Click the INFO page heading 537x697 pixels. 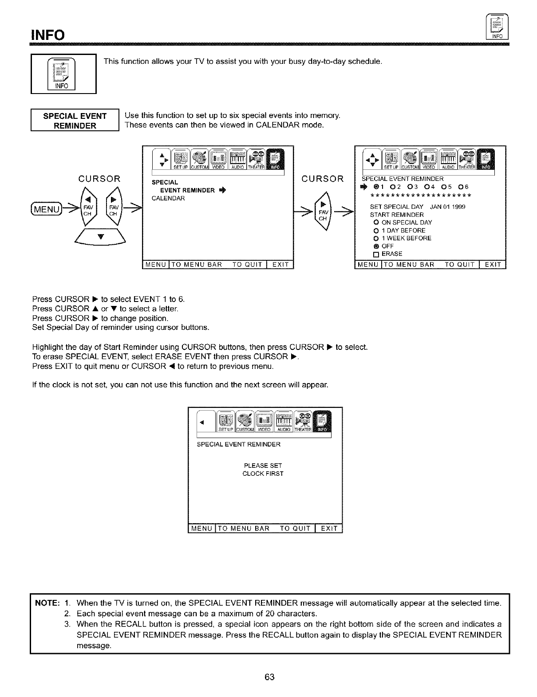(x=47, y=35)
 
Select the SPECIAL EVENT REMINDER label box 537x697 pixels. (x=75, y=121)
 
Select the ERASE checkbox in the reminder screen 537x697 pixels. (x=375, y=254)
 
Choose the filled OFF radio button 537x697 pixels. (x=375, y=246)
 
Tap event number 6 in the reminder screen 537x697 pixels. (x=464, y=187)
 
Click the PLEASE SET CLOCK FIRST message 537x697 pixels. (x=263, y=470)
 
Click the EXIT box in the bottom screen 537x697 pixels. (x=329, y=529)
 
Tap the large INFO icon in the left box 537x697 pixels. (x=63, y=74)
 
